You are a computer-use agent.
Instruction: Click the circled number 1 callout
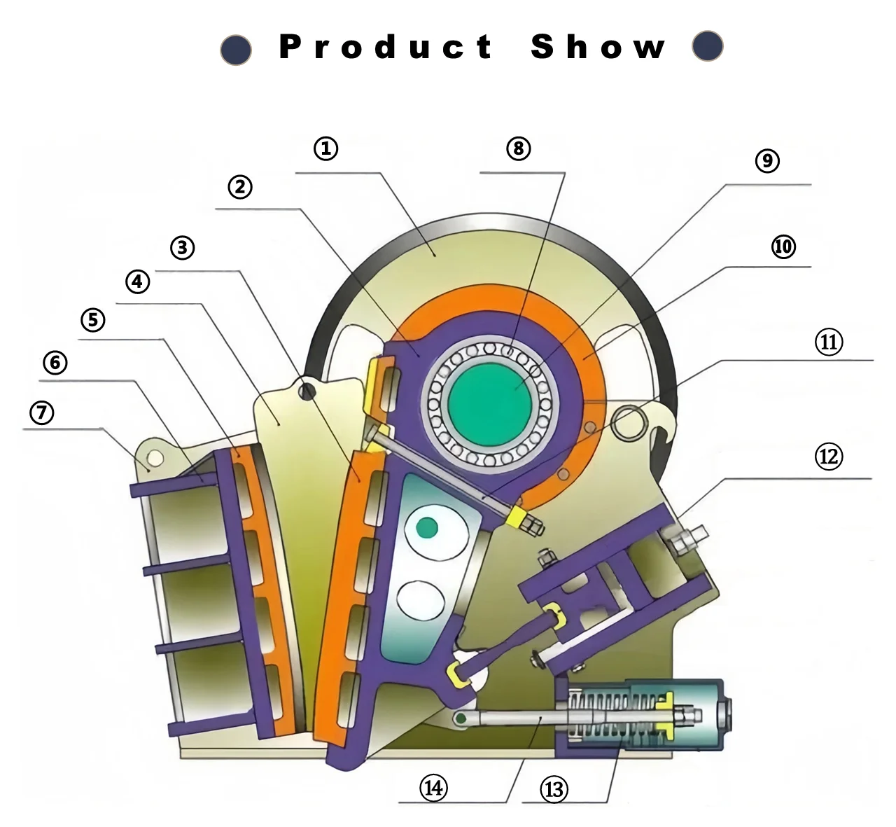(x=325, y=148)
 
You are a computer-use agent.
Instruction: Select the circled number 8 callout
(x=518, y=148)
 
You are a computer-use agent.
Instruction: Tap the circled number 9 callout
(x=767, y=161)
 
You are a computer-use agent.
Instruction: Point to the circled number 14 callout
(x=433, y=788)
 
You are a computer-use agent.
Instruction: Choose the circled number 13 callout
(x=553, y=790)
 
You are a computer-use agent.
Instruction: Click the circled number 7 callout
(x=42, y=412)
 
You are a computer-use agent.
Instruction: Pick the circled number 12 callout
(x=828, y=457)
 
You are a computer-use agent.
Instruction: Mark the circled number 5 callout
(x=93, y=320)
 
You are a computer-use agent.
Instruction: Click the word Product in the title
(x=386, y=47)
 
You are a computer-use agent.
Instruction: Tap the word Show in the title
(x=598, y=47)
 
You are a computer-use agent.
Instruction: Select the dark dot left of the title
(x=236, y=50)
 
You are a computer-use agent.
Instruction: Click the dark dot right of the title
(x=707, y=46)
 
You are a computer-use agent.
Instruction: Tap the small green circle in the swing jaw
(x=426, y=527)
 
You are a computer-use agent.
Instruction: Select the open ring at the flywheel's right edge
(x=628, y=422)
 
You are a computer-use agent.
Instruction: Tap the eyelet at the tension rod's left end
(x=460, y=718)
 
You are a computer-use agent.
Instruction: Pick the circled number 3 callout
(x=182, y=247)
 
